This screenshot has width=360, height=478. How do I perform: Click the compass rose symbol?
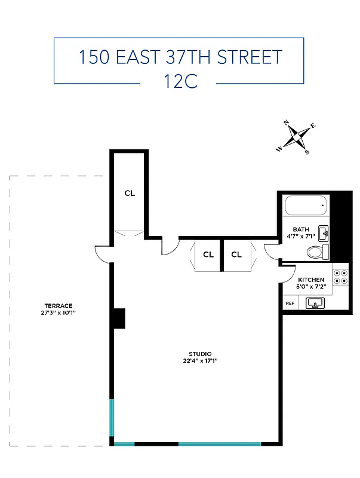297,137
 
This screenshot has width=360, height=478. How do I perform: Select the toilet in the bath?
316,252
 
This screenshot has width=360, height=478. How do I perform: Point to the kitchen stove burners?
340,276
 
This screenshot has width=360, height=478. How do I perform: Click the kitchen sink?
315,304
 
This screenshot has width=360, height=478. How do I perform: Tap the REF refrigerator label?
290,304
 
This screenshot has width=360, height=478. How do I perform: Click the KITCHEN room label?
311,280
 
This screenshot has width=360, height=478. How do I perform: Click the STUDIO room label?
200,354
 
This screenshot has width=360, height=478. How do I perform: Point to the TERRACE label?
58,305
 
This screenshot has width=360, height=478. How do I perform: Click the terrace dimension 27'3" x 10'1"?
58,312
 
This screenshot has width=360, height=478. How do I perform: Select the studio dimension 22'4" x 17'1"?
200,361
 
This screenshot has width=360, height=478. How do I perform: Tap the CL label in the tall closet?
130,193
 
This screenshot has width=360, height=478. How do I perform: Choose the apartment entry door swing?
170,246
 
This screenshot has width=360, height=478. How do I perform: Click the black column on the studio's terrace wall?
119,318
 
